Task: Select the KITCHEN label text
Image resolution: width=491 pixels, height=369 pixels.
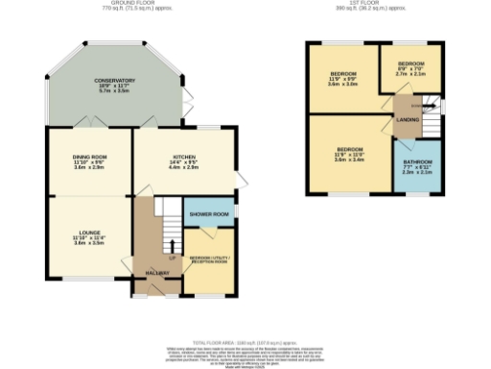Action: pyautogui.click(x=184, y=156)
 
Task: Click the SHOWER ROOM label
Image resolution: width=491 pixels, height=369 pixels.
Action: pyautogui.click(x=208, y=213)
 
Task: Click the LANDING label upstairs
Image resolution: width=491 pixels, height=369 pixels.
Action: pyautogui.click(x=406, y=119)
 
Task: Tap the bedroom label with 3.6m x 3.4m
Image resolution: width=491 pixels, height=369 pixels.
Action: pyautogui.click(x=349, y=150)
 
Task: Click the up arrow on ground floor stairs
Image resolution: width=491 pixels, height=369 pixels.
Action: pyautogui.click(x=173, y=247)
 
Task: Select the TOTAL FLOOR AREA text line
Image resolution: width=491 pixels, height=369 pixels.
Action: pyautogui.click(x=245, y=341)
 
